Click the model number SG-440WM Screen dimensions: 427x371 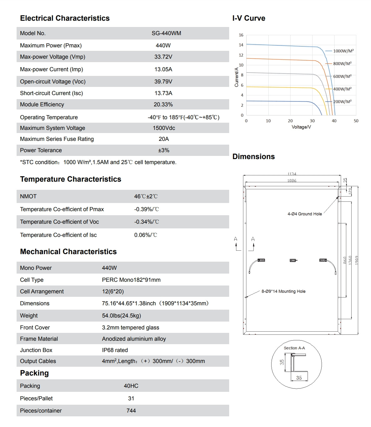pyautogui.click(x=166, y=33)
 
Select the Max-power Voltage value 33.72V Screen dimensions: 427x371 pyautogui.click(x=163, y=57)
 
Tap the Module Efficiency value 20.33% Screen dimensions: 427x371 pyautogui.click(x=163, y=104)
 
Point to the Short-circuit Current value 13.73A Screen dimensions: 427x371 pyautogui.click(x=163, y=93)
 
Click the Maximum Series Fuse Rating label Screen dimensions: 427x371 pyautogui.click(x=57, y=139)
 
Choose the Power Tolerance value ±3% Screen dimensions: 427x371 pyautogui.click(x=163, y=150)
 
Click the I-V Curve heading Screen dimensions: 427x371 pyautogui.click(x=249, y=18)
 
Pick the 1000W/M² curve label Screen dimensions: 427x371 pyautogui.click(x=343, y=51)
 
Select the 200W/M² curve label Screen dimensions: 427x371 pyautogui.click(x=342, y=102)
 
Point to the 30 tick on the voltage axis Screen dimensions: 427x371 pyautogui.click(x=312, y=121)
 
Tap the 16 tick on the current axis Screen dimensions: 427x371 pyautogui.click(x=241, y=35)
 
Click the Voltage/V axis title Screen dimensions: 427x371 pyautogui.click(x=301, y=127)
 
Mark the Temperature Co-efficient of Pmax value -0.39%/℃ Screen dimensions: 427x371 pyautogui.click(x=147, y=209)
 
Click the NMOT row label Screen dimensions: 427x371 pyautogui.click(x=28, y=196)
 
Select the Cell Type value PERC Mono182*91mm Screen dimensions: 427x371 pyautogui.click(x=131, y=280)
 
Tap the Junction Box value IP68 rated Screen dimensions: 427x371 pyautogui.click(x=115, y=350)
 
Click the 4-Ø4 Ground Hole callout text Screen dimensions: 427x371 pyautogui.click(x=305, y=214)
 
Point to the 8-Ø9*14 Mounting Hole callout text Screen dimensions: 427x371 pyautogui.click(x=283, y=291)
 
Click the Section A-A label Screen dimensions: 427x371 pyautogui.click(x=294, y=348)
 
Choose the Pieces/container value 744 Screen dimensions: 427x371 pyautogui.click(x=131, y=411)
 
